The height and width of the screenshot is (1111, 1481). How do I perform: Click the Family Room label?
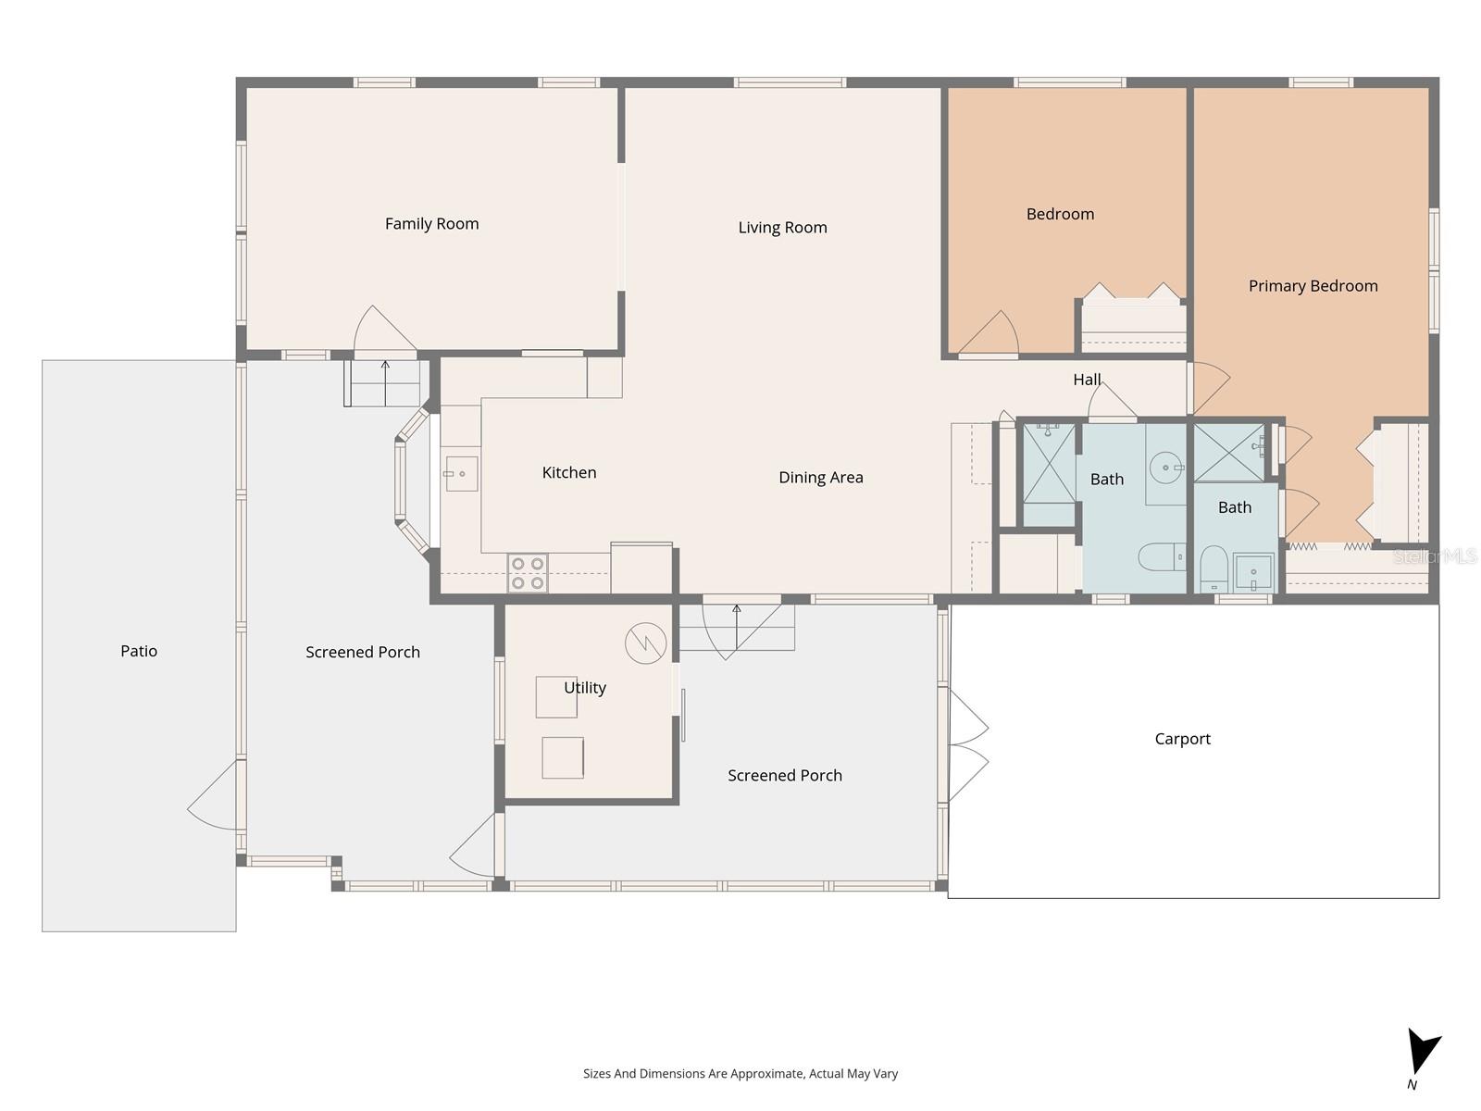coord(431,223)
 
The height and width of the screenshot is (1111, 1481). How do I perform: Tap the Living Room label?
coord(782,227)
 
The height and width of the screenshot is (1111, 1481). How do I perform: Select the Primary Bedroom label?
coord(1313,285)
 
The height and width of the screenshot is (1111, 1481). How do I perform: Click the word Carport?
coord(1182,738)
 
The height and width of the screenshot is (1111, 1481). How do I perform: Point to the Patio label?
coord(139,651)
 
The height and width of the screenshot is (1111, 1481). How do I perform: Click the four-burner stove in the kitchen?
coord(527,572)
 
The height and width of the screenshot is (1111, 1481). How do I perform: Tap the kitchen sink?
coord(461,473)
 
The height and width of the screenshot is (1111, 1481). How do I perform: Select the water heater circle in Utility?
coord(645,643)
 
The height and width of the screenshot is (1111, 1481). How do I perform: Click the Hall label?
coord(1087,379)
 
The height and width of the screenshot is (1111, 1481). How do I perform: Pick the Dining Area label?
coord(820,477)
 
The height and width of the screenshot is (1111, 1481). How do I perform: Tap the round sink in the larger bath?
coord(1164,468)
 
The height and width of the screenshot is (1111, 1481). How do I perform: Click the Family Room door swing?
coord(380,331)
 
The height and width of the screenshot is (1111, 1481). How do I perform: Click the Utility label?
coord(584,687)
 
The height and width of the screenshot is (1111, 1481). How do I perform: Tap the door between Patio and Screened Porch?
coord(216,796)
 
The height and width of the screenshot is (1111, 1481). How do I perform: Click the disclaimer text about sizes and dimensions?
coord(740,1073)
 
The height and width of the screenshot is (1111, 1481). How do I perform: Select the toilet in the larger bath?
coord(1160,556)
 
